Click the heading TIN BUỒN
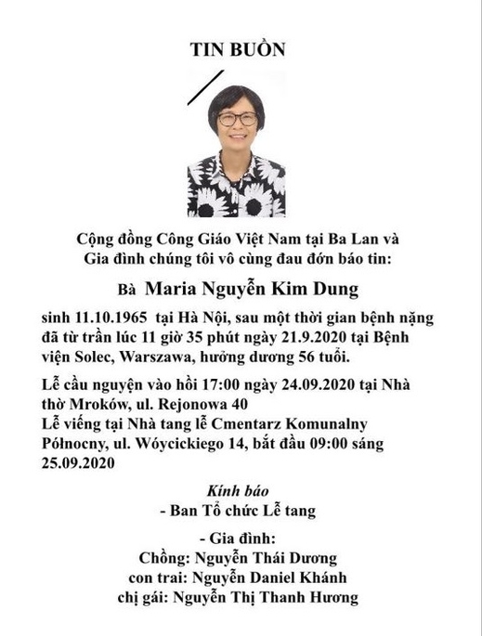pyautogui.click(x=240, y=50)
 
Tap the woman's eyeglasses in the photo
pyautogui.click(x=238, y=119)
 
